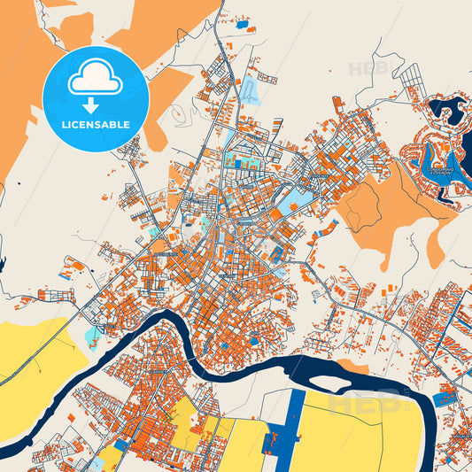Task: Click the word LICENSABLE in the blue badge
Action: [x=95, y=125]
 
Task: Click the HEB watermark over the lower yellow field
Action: [x=354, y=403]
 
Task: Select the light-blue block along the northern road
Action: [x=250, y=90]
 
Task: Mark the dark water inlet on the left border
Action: [x=3, y=264]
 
